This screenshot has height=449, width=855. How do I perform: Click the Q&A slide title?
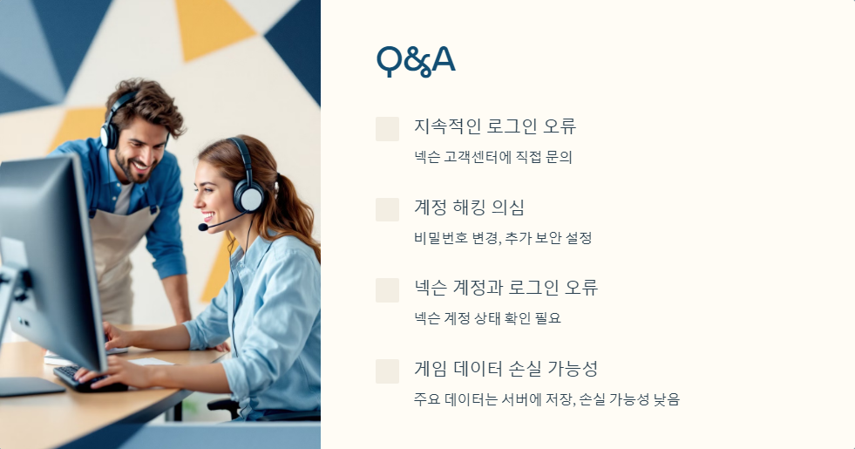tap(416, 60)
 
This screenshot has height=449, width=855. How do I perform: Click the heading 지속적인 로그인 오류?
tap(495, 126)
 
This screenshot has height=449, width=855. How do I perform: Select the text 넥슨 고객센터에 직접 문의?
tap(493, 158)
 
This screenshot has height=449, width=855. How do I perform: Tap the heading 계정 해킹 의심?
tap(469, 207)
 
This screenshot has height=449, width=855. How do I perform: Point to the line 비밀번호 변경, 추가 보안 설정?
tap(503, 238)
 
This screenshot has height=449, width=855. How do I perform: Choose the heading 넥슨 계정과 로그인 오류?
tap(506, 288)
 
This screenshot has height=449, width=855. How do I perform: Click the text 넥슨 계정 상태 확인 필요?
tap(487, 318)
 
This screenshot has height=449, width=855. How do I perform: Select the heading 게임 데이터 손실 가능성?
tap(506, 368)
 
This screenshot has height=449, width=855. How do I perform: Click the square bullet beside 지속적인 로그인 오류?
tap(387, 129)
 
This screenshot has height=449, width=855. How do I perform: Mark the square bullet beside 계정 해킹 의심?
tap(387, 209)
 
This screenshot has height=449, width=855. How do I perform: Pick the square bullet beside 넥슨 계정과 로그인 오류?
tap(387, 289)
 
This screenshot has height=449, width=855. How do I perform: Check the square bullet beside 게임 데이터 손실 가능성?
tap(387, 371)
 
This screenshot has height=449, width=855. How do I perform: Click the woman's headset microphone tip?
tap(203, 228)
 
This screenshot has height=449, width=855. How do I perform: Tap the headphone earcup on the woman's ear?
tap(250, 197)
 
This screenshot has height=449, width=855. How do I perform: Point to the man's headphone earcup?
tap(110, 135)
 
